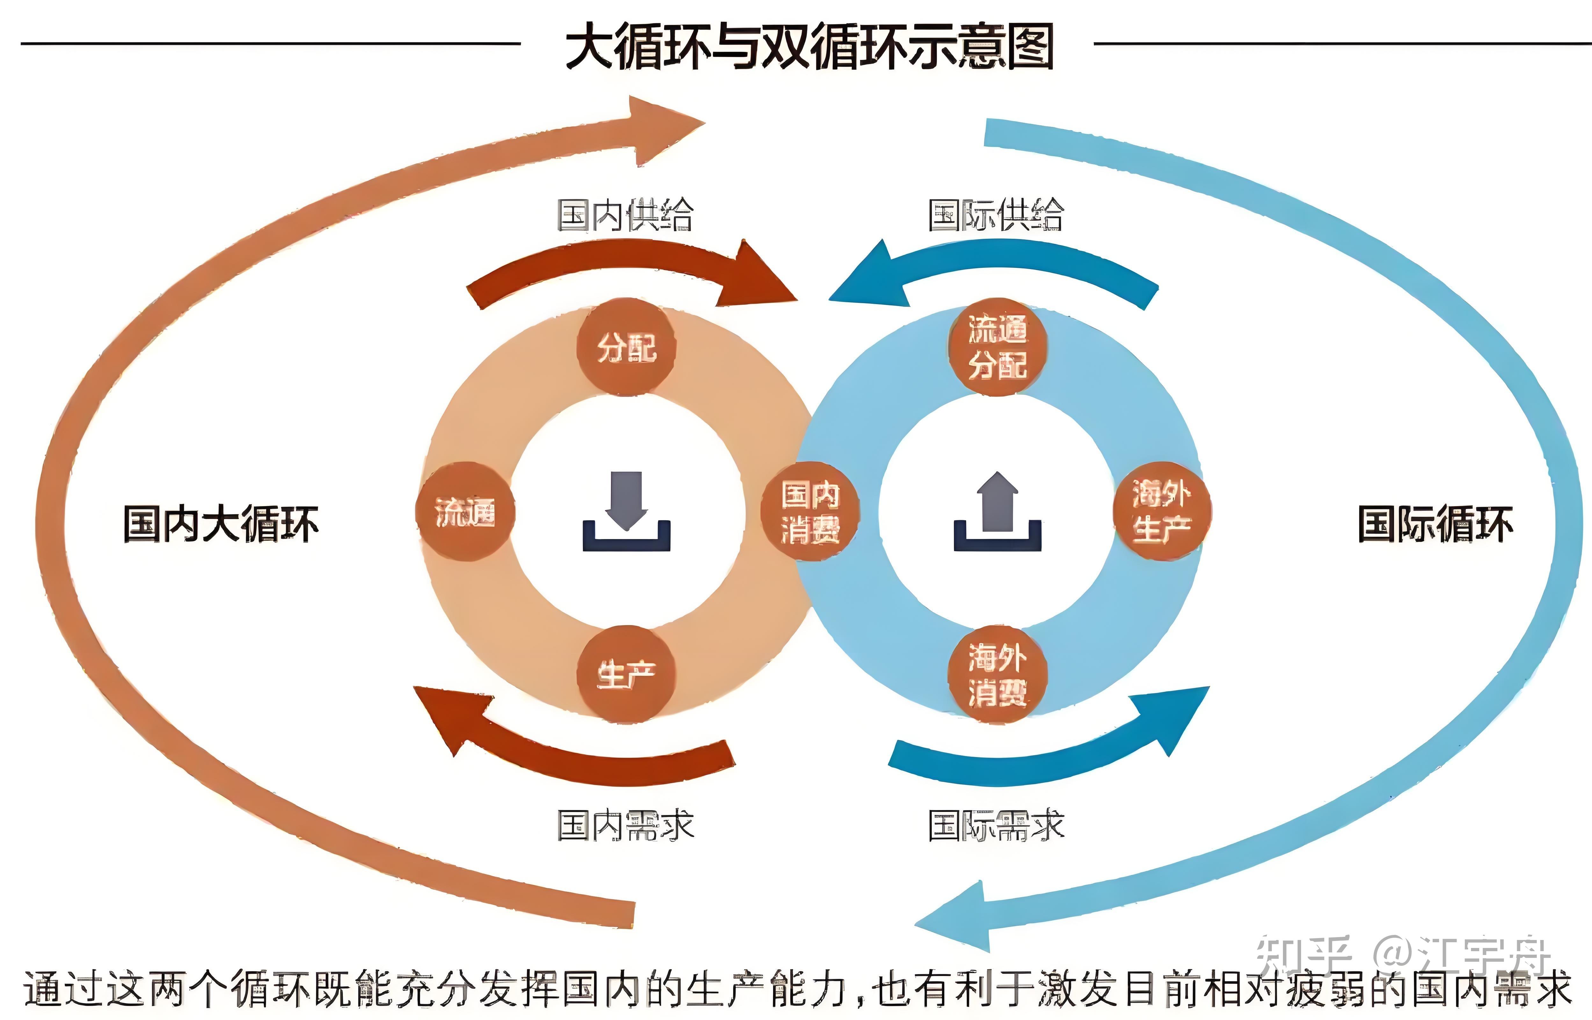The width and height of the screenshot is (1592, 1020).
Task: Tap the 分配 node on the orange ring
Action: (626, 347)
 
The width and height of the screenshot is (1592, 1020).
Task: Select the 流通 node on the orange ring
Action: (465, 511)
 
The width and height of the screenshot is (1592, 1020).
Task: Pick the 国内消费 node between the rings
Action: (810, 511)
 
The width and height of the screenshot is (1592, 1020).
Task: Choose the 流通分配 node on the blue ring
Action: (998, 347)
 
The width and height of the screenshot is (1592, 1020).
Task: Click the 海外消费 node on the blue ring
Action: (998, 674)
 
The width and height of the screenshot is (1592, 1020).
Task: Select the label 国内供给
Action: (626, 215)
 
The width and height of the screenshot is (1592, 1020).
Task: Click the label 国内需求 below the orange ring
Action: (626, 826)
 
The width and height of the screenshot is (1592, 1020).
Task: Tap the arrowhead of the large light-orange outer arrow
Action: (662, 129)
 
